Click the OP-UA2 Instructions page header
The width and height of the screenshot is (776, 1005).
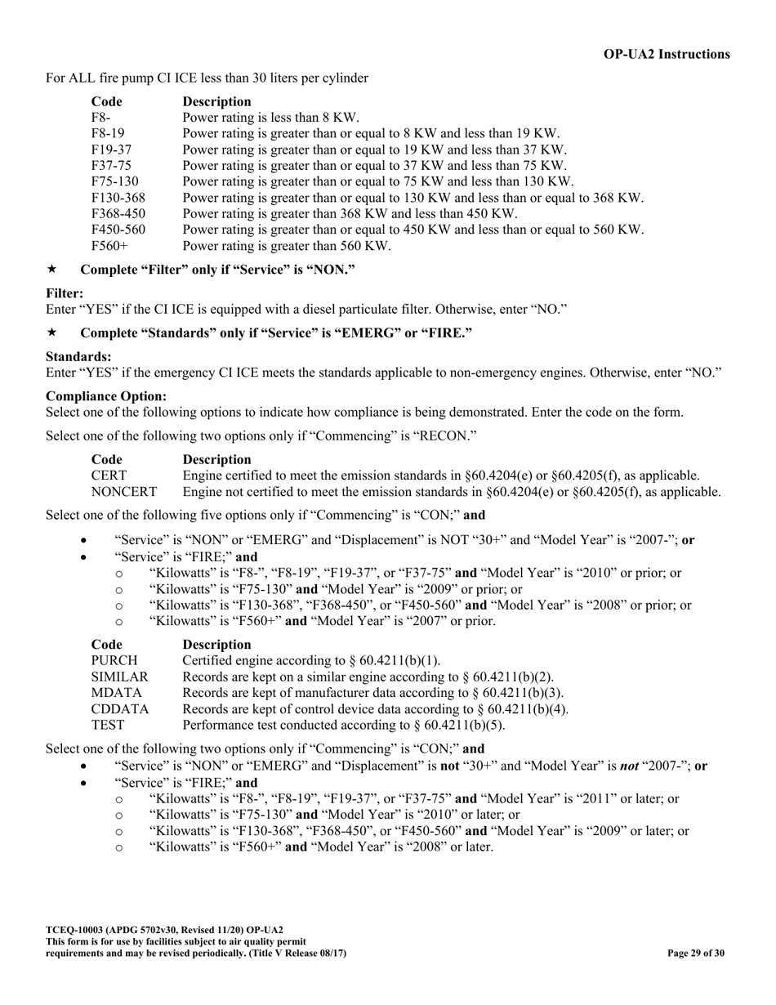[x=667, y=54]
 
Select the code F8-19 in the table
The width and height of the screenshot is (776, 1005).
[x=108, y=133]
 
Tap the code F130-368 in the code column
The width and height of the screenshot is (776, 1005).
[x=118, y=198]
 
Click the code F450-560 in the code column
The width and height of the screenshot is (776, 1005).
[x=118, y=230]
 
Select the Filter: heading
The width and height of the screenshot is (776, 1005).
[x=65, y=293]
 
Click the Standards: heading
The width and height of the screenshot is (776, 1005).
[x=78, y=356]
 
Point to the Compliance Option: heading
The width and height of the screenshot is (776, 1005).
[x=106, y=396]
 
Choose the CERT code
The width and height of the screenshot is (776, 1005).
[x=109, y=476]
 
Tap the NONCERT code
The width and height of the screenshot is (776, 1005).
[x=123, y=492]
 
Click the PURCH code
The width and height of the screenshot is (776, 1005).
[x=114, y=660]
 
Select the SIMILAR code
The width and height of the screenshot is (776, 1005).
[x=119, y=677]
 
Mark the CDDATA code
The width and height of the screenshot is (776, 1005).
[x=120, y=709]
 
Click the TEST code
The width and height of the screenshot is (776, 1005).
[x=108, y=725]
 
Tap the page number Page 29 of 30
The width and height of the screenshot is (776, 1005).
[x=695, y=953]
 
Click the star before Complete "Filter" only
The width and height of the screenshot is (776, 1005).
[x=52, y=269]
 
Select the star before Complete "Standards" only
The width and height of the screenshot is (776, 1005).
[x=52, y=333]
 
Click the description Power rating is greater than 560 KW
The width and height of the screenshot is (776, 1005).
[x=287, y=246]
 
